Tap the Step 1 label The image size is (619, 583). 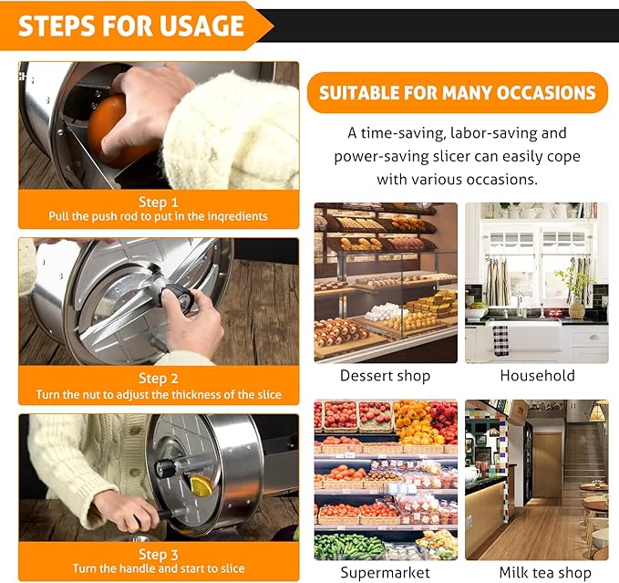159,203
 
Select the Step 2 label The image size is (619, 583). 159,379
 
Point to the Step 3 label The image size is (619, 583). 159,555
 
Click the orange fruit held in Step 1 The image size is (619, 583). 115,127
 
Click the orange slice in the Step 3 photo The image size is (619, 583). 201,485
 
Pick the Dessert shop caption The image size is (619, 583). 385,376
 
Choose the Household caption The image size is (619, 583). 537,376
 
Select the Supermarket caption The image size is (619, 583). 385,573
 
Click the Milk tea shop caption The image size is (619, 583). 545,572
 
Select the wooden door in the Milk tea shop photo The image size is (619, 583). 547,465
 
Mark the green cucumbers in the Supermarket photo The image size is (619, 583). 347,547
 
